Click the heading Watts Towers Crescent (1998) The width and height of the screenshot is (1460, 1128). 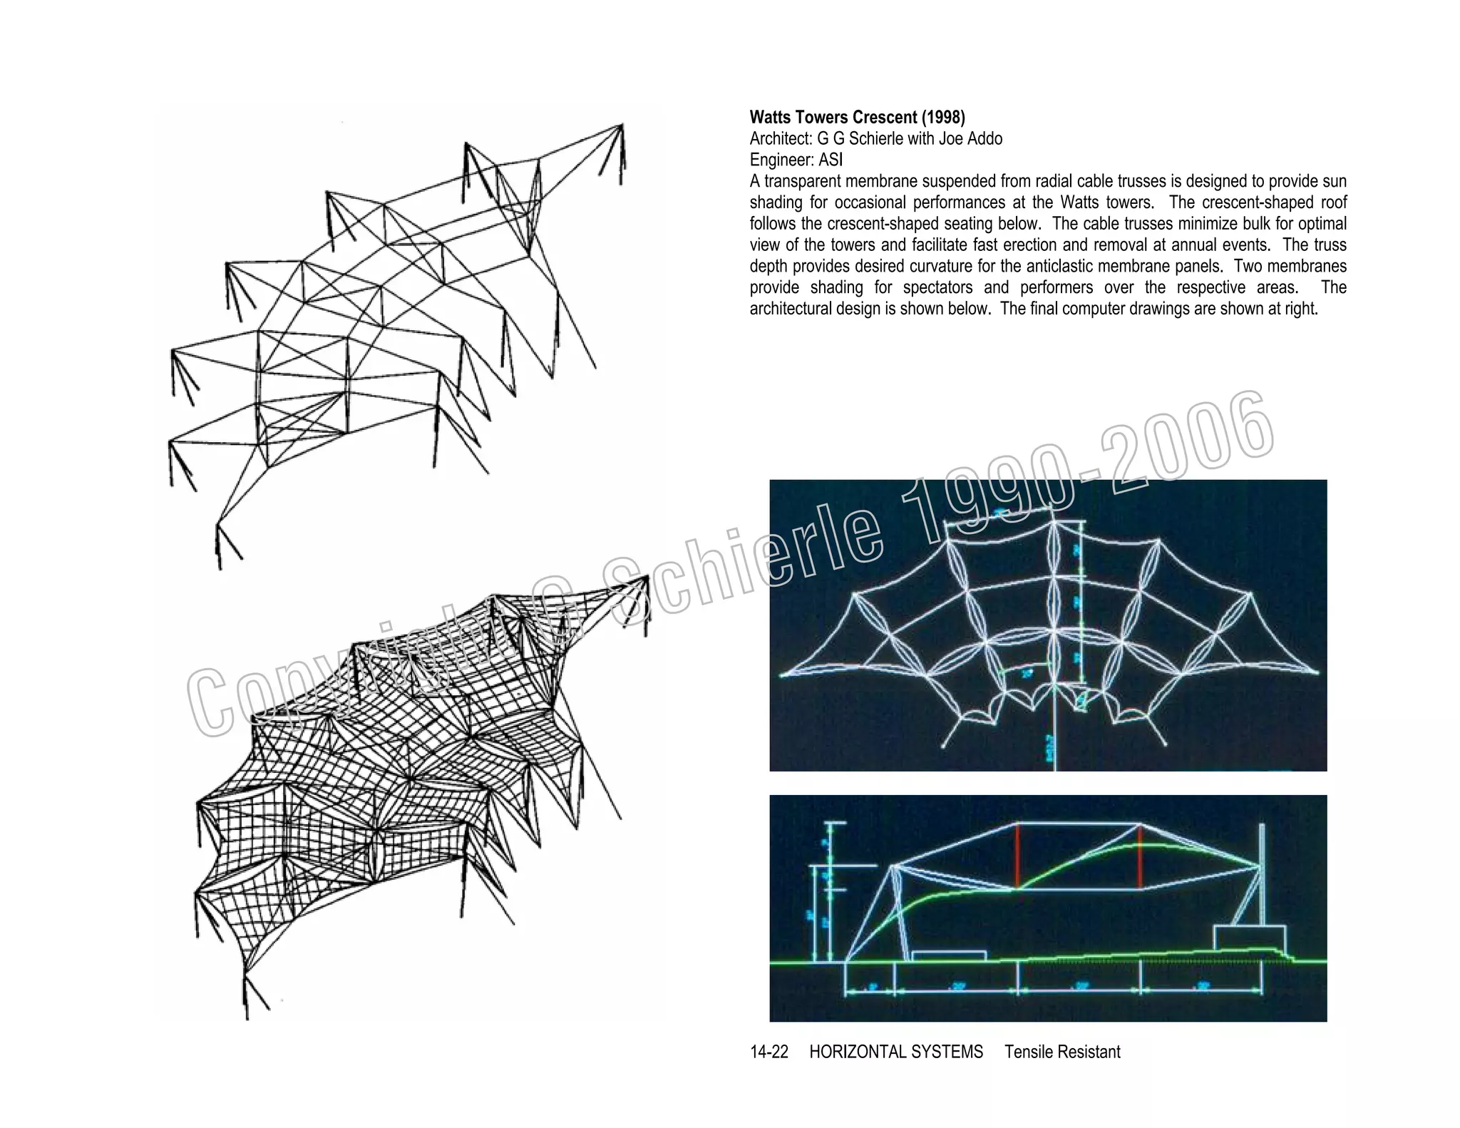pyautogui.click(x=857, y=117)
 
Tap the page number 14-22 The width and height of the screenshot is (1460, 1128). pyautogui.click(x=769, y=1052)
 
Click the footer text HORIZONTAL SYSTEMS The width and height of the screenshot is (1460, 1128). pyautogui.click(x=896, y=1052)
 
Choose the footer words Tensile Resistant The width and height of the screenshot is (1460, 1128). pyautogui.click(x=1062, y=1052)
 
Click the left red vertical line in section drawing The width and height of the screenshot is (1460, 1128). pyautogui.click(x=1017, y=856)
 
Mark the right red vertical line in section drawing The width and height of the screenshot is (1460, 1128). pyautogui.click(x=1140, y=856)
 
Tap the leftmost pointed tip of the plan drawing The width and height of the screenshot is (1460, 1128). pyautogui.click(x=782, y=674)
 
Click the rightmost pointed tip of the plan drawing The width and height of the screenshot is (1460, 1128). pyautogui.click(x=1317, y=672)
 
